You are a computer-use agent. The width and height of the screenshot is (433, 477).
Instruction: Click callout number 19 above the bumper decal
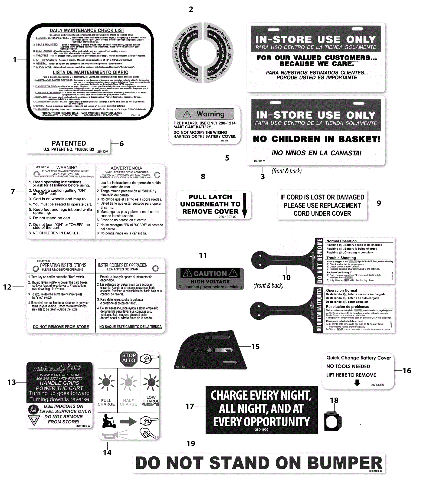(191, 443)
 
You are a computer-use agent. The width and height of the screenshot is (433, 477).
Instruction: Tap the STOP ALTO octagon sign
(129, 358)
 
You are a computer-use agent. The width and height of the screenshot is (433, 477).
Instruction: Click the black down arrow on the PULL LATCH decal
(245, 205)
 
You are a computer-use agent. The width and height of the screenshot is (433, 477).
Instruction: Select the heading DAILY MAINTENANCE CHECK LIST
(87, 31)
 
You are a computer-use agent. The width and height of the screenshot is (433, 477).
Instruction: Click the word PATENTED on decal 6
(69, 143)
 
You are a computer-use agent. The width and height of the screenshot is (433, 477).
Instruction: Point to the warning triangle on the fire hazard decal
(187, 114)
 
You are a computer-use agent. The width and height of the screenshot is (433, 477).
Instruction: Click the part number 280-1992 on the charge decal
(261, 429)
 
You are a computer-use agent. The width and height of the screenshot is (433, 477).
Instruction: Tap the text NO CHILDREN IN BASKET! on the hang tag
(316, 139)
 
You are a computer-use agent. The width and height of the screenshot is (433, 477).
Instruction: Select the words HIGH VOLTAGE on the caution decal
(210, 282)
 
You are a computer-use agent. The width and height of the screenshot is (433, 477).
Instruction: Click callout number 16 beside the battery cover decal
(407, 370)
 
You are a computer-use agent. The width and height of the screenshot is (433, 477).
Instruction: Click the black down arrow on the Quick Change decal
(357, 382)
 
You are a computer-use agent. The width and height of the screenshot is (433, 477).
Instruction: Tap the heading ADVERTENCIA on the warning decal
(126, 168)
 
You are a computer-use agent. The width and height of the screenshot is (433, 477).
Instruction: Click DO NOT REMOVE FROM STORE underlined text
(61, 327)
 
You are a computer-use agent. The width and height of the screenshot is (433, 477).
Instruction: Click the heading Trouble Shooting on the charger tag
(341, 258)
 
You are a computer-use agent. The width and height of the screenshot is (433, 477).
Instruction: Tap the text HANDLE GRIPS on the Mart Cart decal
(59, 383)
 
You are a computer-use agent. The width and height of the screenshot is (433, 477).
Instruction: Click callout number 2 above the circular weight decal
(191, 9)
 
